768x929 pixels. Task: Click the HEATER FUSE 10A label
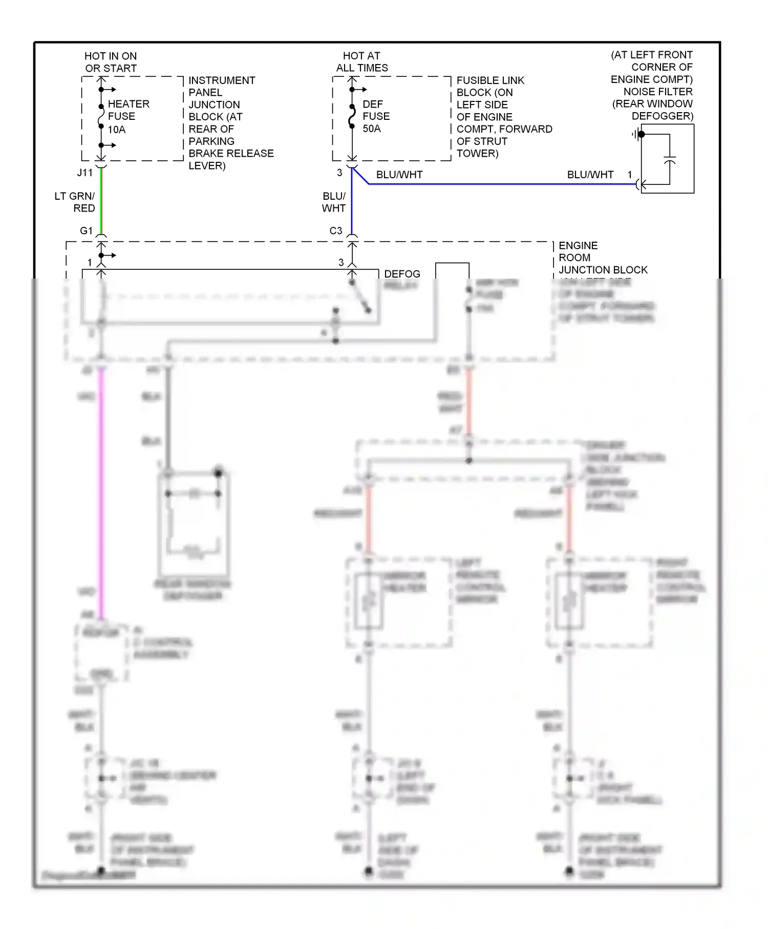pos(128,117)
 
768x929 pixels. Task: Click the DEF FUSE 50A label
pos(376,117)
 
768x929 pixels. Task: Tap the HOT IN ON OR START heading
pos(111,62)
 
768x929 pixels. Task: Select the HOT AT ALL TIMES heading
pos(362,62)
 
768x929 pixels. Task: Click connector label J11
pos(85,173)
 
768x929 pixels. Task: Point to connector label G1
pos(86,231)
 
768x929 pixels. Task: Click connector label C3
pos(336,231)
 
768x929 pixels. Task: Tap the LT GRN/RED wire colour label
pos(75,202)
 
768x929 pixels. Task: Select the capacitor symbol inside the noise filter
pos(669,160)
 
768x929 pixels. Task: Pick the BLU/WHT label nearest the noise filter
pos(590,175)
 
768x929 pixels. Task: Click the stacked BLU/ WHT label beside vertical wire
pos(334,202)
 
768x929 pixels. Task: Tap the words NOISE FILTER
pos(657,92)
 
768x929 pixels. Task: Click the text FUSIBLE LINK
pos(490,80)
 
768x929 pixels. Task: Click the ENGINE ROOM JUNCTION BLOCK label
pos(603,258)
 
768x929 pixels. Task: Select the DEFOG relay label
pos(402,274)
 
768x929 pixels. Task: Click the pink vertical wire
pos(101,492)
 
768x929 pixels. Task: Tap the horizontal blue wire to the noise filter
pos(502,184)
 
